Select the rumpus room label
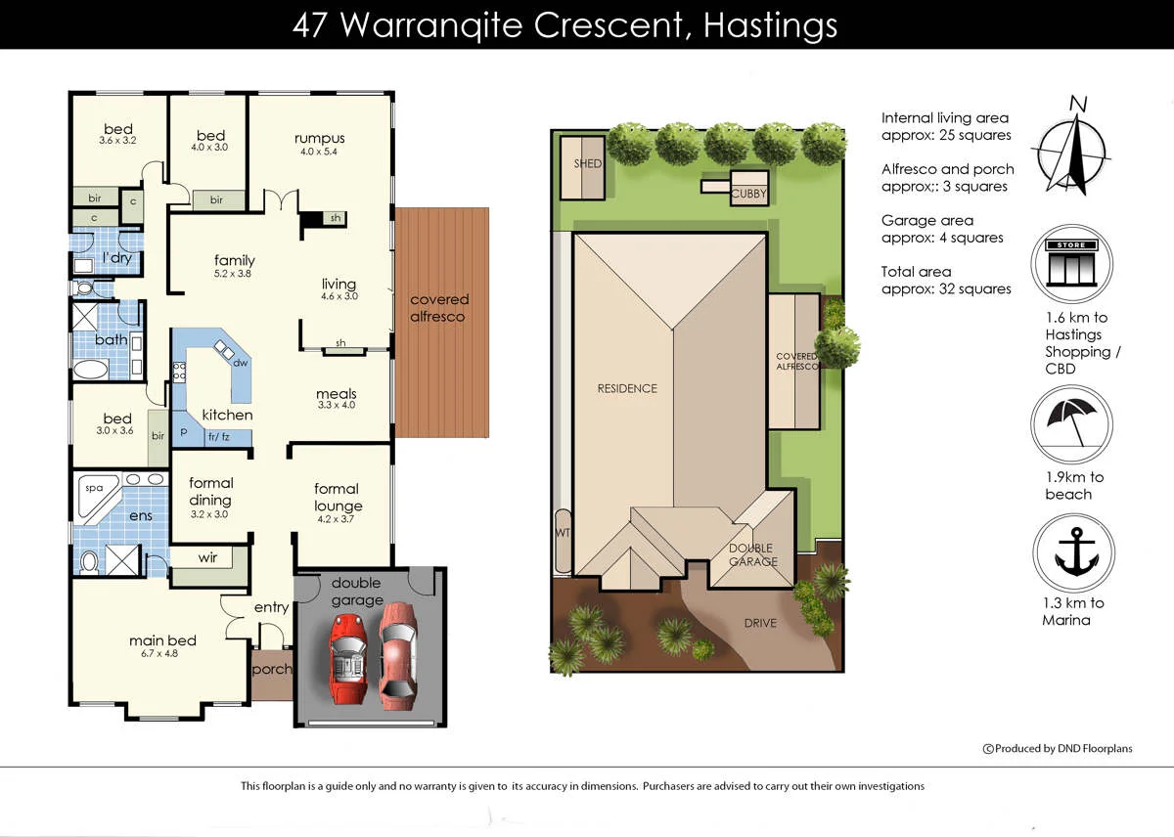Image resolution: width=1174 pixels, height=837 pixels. (319, 138)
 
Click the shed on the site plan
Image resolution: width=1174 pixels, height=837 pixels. (587, 163)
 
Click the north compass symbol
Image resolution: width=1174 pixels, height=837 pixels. (1074, 147)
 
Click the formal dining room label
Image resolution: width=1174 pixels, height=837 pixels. (210, 490)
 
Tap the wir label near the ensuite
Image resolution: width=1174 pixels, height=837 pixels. (207, 557)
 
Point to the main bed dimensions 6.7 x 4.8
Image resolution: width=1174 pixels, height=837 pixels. (162, 654)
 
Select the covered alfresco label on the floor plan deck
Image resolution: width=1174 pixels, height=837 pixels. (439, 308)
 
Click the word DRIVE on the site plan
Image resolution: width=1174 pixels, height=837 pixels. (760, 623)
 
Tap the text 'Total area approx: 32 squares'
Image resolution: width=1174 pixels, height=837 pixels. (945, 280)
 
